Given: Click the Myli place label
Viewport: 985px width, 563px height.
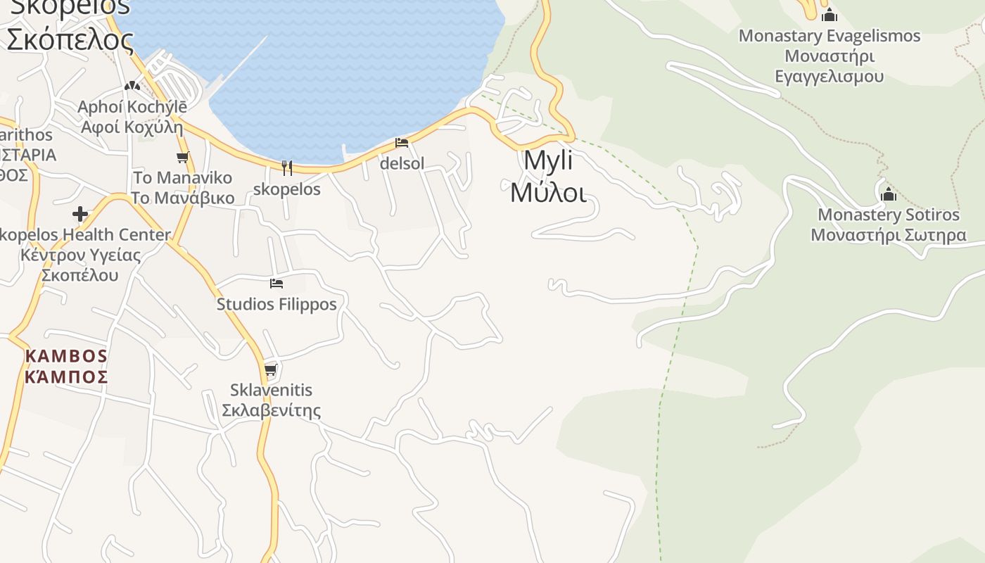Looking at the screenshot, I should [x=548, y=161].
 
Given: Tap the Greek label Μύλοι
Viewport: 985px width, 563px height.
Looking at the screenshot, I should [x=548, y=191].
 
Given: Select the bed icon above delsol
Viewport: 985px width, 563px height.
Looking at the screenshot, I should [x=402, y=143].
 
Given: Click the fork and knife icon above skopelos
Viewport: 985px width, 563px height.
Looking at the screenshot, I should [x=286, y=167].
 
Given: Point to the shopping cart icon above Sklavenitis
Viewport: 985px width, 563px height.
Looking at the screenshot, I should [x=270, y=369].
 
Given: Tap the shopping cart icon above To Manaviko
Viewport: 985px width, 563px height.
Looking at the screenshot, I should [x=183, y=157].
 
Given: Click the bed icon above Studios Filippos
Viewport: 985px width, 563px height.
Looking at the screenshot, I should [x=277, y=284].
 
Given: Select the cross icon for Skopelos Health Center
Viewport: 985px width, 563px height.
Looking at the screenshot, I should [x=80, y=214].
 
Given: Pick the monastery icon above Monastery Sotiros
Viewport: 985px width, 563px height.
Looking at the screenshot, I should [x=888, y=194].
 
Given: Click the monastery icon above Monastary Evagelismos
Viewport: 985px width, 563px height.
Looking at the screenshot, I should [x=830, y=15].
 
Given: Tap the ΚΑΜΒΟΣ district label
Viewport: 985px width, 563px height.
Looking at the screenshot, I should [x=66, y=356].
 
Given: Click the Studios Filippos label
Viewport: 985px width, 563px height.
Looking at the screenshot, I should [x=277, y=304].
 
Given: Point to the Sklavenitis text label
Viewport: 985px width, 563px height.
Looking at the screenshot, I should [x=271, y=390].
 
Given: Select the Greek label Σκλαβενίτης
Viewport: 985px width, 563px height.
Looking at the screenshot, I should [x=271, y=410].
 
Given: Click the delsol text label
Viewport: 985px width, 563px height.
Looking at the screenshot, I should [x=402, y=163].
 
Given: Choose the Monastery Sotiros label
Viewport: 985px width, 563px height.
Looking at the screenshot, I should [x=888, y=215].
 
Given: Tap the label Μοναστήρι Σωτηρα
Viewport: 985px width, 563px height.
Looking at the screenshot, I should [x=888, y=235].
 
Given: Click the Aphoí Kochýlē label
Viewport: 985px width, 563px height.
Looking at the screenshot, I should [x=132, y=107].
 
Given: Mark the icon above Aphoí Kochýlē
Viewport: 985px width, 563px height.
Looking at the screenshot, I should [x=132, y=86].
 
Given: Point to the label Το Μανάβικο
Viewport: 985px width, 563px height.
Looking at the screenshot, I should [x=183, y=198].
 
